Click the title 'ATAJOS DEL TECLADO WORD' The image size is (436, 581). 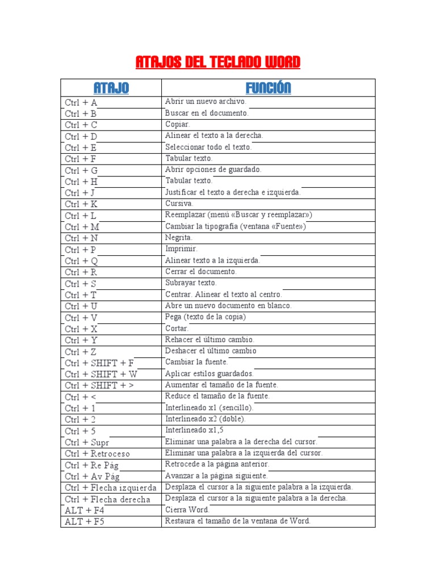click(218, 62)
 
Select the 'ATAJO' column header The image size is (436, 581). click(111, 88)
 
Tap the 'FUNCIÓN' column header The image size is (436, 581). click(268, 88)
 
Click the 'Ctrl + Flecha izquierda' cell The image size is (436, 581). click(111, 488)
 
